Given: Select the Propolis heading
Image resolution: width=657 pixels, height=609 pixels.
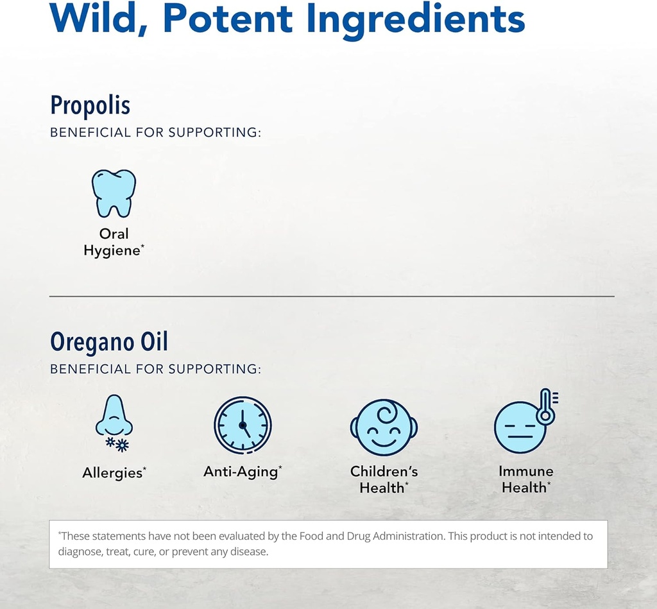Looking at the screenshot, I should [x=90, y=105].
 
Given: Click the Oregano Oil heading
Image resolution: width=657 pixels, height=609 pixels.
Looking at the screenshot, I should [x=109, y=342].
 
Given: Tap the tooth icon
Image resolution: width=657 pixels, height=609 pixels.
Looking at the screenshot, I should [x=114, y=193].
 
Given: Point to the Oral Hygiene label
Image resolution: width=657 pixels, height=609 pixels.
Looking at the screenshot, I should [x=114, y=242].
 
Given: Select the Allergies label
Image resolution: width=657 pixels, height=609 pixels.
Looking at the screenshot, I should [x=114, y=473].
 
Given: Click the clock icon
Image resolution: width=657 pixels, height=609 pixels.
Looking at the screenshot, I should [x=243, y=425].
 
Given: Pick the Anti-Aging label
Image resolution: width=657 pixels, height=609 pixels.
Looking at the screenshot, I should [x=242, y=472].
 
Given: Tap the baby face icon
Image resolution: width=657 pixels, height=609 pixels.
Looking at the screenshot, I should [x=384, y=426].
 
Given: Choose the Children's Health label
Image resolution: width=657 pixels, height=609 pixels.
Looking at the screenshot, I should [x=384, y=479].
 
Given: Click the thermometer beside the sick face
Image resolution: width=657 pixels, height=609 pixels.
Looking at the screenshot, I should [x=547, y=406].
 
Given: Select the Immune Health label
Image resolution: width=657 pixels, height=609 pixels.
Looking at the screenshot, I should [x=525, y=479].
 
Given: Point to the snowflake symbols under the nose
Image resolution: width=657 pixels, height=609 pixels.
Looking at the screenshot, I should [x=117, y=443].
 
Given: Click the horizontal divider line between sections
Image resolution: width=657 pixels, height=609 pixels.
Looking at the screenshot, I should [x=332, y=296].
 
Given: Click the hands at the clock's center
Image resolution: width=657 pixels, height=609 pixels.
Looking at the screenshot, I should [x=243, y=425].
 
